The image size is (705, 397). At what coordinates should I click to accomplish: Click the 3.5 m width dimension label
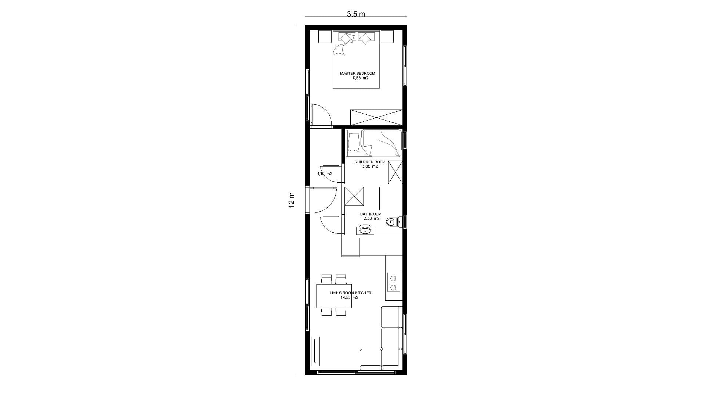tap(356, 14)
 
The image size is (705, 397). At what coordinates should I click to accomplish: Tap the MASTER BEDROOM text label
tap(357, 74)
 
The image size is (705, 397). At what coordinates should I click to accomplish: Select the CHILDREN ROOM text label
tap(370, 162)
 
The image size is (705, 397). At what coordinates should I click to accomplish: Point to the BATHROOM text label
tap(370, 214)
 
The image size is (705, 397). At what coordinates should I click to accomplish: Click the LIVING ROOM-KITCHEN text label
tap(350, 293)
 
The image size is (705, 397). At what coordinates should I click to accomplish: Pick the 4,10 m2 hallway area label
tap(325, 174)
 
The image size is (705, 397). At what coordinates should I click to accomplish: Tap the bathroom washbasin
tap(365, 230)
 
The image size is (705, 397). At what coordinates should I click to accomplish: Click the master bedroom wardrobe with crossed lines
tap(376, 117)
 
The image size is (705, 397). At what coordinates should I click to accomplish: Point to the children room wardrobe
tap(395, 172)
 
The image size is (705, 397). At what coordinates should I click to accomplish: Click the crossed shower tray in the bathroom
tap(354, 196)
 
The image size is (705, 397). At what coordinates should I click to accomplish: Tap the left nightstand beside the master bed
tap(325, 36)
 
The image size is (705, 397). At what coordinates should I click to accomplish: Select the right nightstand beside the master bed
tap(387, 36)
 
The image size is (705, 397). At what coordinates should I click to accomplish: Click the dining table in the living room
tap(334, 296)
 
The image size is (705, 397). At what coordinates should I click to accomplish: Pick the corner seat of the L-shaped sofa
tap(390, 359)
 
